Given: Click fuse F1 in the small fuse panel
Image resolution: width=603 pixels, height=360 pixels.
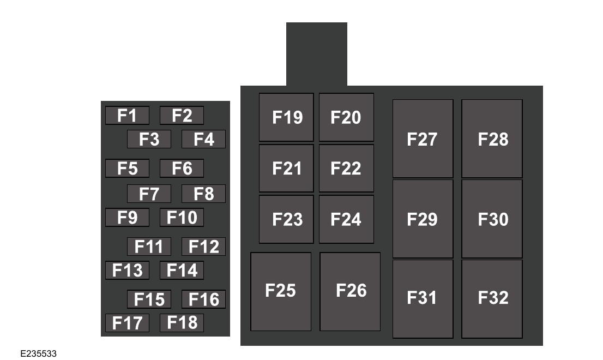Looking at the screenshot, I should (127, 116).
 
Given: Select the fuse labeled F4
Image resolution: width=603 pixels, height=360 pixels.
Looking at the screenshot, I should (203, 140).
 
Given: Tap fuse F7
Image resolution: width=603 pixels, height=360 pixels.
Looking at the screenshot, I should (149, 194).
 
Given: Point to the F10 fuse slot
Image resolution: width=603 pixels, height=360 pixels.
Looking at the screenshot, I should (182, 218).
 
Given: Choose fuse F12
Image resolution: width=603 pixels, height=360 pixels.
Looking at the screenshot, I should (203, 247).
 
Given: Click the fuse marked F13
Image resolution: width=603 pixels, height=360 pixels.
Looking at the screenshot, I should (127, 271).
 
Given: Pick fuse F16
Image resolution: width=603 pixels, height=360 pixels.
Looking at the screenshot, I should (203, 299).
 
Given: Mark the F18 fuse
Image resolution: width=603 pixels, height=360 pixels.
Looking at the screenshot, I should (182, 322).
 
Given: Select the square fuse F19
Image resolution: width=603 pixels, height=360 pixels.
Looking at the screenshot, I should (286, 117).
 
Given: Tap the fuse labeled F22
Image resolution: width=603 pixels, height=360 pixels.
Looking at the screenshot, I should (346, 168).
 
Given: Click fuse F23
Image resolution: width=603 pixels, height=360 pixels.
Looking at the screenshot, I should (286, 219).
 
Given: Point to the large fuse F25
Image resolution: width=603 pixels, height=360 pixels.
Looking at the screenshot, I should (281, 291).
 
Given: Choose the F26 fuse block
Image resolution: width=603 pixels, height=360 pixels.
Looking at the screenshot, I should (350, 291).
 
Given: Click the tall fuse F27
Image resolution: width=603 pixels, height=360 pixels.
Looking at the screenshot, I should (423, 139).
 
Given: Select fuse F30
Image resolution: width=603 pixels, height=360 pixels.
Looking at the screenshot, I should (492, 219).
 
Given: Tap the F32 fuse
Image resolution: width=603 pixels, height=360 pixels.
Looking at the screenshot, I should (492, 298).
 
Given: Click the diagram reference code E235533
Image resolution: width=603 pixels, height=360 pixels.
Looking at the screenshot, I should (39, 354).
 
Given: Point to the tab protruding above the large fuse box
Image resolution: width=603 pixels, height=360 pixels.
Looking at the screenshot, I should (316, 53).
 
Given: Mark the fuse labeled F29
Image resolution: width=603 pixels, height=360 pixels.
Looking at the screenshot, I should (423, 219).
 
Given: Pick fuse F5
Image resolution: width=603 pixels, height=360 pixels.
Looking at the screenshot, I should (127, 169).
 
